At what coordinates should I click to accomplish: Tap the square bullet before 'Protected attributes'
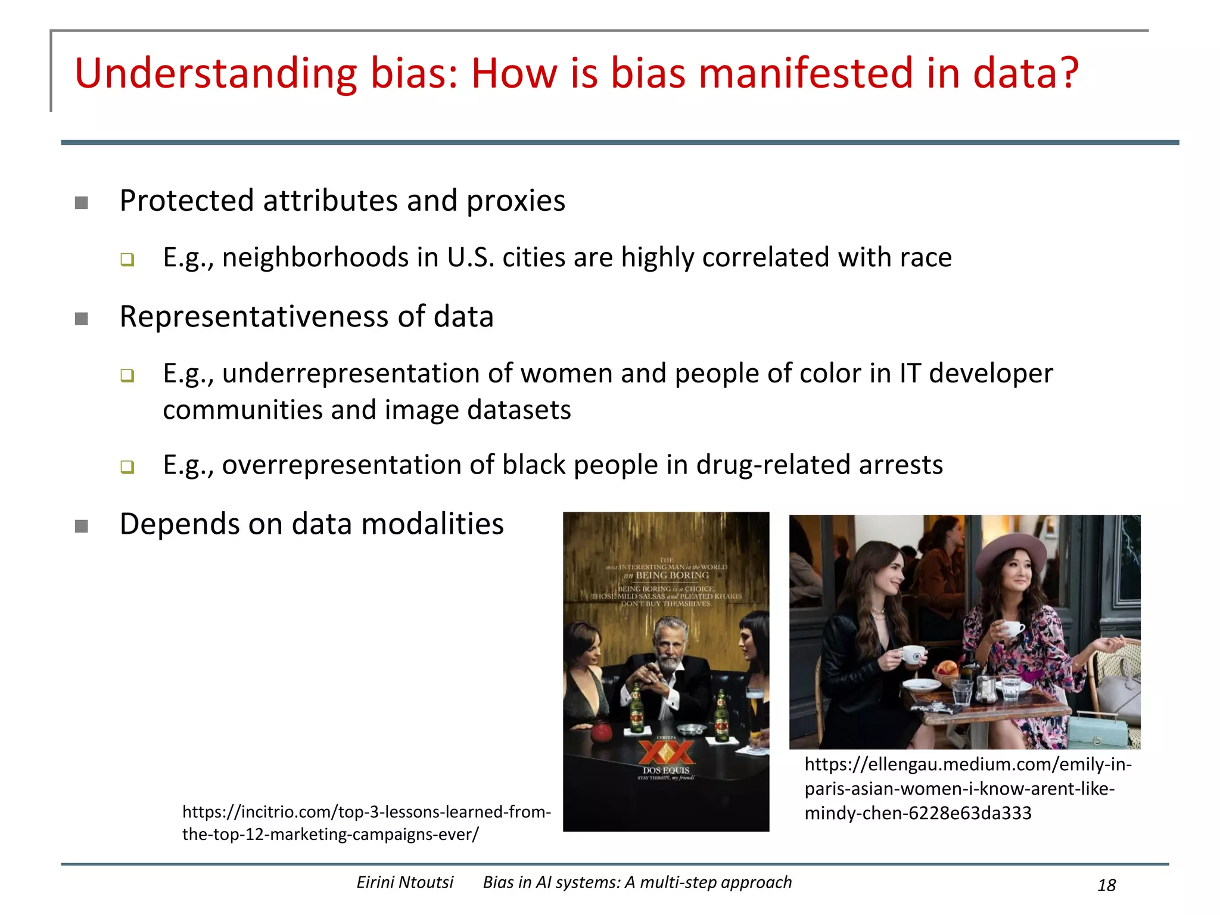pos(82,203)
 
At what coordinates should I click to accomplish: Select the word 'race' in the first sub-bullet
pos(926,257)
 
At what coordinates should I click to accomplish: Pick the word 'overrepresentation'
pos(341,465)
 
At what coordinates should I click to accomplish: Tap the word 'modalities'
pos(432,524)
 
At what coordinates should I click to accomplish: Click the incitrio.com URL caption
pos(366,823)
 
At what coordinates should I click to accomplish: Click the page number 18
pos(1106,885)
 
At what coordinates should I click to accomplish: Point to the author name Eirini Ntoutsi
pos(404,882)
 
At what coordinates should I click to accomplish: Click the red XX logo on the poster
pos(666,752)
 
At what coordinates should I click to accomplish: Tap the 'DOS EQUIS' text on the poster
pos(666,770)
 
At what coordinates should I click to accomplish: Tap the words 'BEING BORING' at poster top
pos(672,575)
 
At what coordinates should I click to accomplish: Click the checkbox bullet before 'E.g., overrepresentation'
pos(127,466)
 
